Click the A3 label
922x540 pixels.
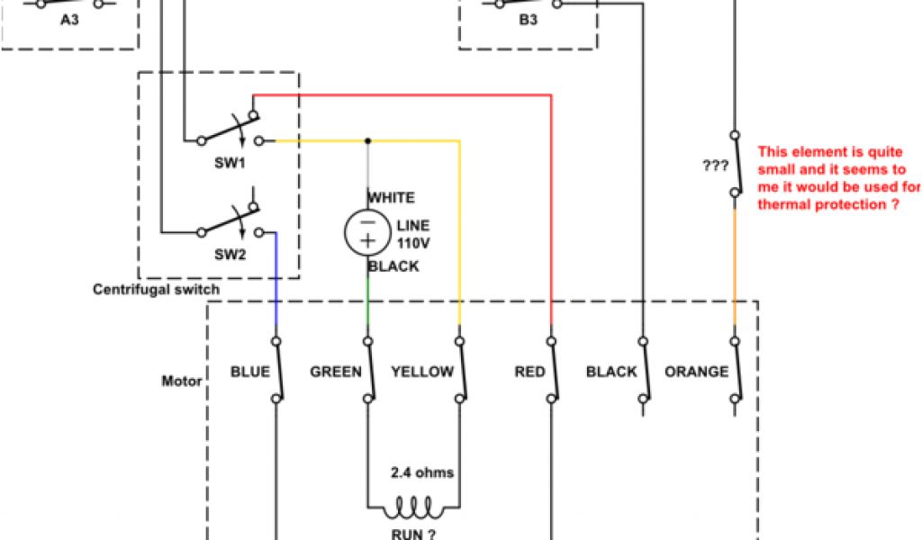click(69, 19)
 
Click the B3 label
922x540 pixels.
click(529, 19)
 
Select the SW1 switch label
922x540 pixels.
click(230, 163)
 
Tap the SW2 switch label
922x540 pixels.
click(230, 255)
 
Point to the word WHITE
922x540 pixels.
click(391, 198)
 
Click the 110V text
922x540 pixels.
click(412, 242)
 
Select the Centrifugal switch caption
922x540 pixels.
click(156, 290)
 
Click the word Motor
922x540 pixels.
click(181, 381)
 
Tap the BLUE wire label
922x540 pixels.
click(250, 372)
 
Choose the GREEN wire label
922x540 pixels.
click(336, 372)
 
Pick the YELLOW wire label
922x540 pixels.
click(422, 372)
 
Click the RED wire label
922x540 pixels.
click(530, 372)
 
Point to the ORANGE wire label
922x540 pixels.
click(696, 372)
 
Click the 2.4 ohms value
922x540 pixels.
click(422, 472)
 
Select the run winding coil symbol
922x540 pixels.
click(413, 508)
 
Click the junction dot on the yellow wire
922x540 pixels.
click(367, 140)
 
